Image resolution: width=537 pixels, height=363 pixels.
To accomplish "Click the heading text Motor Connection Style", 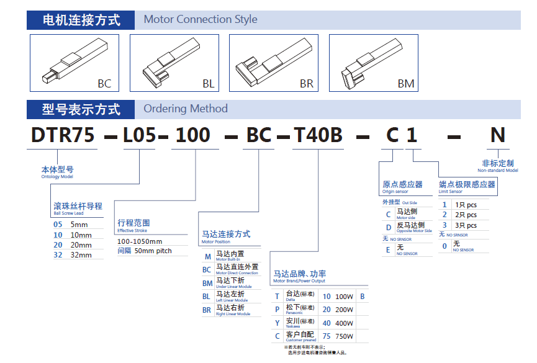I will point(201,19).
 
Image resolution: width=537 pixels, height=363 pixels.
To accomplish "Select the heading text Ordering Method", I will point(186,109).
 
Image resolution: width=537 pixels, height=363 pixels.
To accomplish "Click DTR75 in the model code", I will point(63,135).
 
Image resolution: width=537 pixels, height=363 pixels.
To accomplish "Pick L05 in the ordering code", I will point(140,135).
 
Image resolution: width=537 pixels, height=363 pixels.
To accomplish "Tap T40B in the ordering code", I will point(318,135).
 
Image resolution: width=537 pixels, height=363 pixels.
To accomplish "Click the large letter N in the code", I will point(497,135).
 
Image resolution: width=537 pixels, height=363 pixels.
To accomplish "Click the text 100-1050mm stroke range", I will point(140,241).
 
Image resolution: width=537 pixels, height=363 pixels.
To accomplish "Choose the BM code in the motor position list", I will point(207,283).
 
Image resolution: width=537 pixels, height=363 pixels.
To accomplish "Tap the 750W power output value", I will point(345,336).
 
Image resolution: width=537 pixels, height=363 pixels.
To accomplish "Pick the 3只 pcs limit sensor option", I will point(466,225).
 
